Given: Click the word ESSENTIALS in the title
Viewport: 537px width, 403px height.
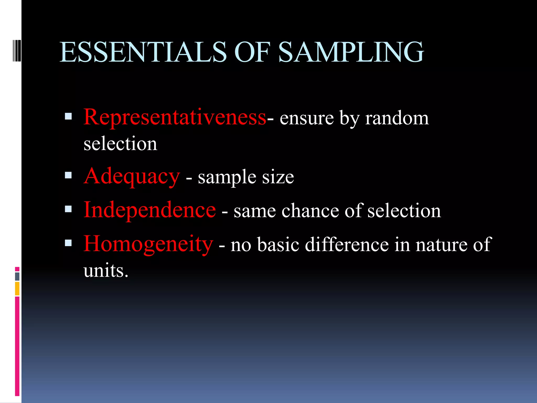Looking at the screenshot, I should (143, 52).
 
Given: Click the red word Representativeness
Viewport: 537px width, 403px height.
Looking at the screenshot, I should (175, 117).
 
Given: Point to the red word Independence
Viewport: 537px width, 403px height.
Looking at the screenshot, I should (150, 210).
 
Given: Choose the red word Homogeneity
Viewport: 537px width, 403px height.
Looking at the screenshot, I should (148, 244).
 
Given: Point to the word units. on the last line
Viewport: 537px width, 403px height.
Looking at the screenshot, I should (106, 271).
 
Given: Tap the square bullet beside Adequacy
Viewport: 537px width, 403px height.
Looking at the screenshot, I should (68, 175).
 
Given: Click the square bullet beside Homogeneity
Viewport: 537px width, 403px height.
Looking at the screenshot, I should (68, 243).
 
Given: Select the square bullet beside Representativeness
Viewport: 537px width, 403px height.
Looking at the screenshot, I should (68, 116).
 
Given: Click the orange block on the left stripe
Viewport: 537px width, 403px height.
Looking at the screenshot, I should (17, 288).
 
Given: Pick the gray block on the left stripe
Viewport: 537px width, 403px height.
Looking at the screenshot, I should (17, 276).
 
